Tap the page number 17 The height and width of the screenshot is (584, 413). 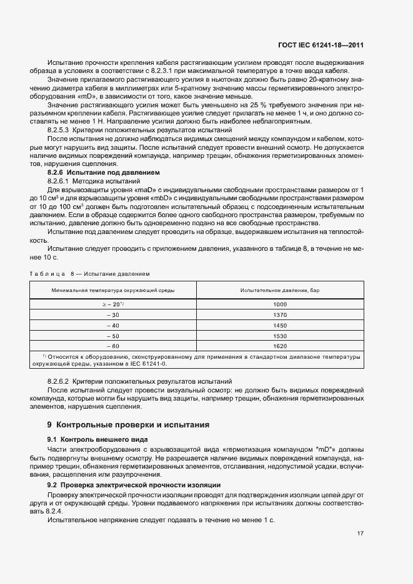pos(361,533)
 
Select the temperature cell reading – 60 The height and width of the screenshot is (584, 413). pos(113,346)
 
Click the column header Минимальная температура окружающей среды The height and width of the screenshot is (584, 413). pos(113,290)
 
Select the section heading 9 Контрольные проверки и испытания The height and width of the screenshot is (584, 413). pos(129,425)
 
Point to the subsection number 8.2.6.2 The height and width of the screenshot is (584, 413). pos(59,381)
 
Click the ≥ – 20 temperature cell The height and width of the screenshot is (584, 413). pos(113,304)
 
